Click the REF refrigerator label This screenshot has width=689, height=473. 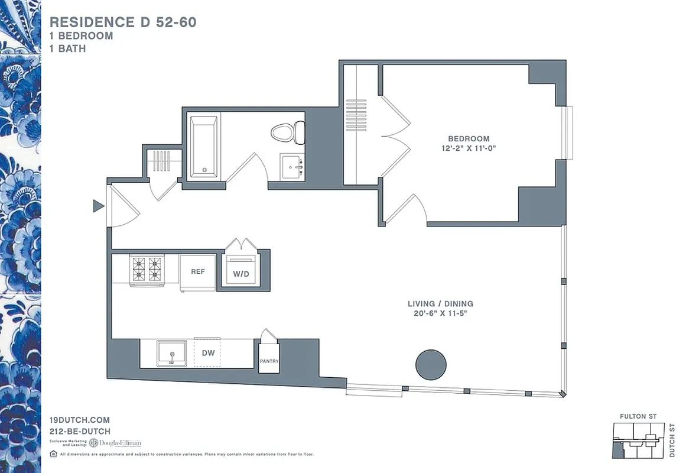click(x=197, y=271)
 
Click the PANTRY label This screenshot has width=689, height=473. click(x=269, y=361)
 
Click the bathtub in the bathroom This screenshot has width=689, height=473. click(x=203, y=147)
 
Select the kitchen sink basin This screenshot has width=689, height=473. click(x=171, y=353)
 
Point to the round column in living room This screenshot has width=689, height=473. click(x=431, y=364)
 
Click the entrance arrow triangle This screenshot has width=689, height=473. click(x=98, y=206)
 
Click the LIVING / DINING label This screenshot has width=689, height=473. click(x=440, y=304)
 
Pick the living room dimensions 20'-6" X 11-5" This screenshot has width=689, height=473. click(x=440, y=313)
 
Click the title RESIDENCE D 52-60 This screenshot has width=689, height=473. click(x=123, y=22)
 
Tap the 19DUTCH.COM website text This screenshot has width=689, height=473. click(x=80, y=420)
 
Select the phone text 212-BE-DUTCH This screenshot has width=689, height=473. click(x=80, y=432)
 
